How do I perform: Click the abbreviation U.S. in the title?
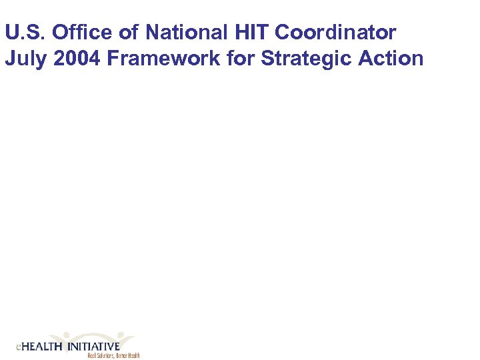pyautogui.click(x=25, y=32)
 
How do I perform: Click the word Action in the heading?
pyautogui.click(x=391, y=59)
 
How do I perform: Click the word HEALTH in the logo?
pyautogui.click(x=41, y=347)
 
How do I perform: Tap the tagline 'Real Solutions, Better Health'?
pyautogui.click(x=113, y=356)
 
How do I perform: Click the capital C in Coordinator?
pyautogui.click(x=283, y=32)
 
